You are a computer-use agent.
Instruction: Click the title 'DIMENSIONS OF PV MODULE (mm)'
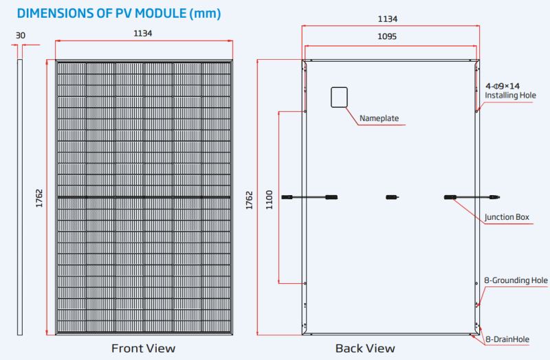119,13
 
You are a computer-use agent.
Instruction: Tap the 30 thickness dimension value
21,36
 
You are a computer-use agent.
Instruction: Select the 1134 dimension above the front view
143,33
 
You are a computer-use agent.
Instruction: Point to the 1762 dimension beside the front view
39,199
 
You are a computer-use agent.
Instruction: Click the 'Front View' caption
143,348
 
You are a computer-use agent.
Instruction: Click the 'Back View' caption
365,348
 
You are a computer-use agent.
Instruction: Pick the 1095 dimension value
387,36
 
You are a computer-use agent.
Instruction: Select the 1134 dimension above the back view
388,19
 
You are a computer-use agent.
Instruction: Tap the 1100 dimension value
269,200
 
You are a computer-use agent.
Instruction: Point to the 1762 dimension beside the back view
249,200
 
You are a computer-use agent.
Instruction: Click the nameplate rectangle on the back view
339,98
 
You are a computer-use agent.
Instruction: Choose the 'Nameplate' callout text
379,118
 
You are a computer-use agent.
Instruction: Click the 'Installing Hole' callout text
510,95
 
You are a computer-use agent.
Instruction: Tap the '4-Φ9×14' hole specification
503,86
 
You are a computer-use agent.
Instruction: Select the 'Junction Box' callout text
507,217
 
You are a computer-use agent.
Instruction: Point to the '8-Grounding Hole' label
516,280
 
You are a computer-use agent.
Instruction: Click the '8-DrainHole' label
507,339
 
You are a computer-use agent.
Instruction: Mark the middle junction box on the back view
392,197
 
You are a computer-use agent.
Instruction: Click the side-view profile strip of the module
20,197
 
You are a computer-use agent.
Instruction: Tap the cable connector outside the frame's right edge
495,197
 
